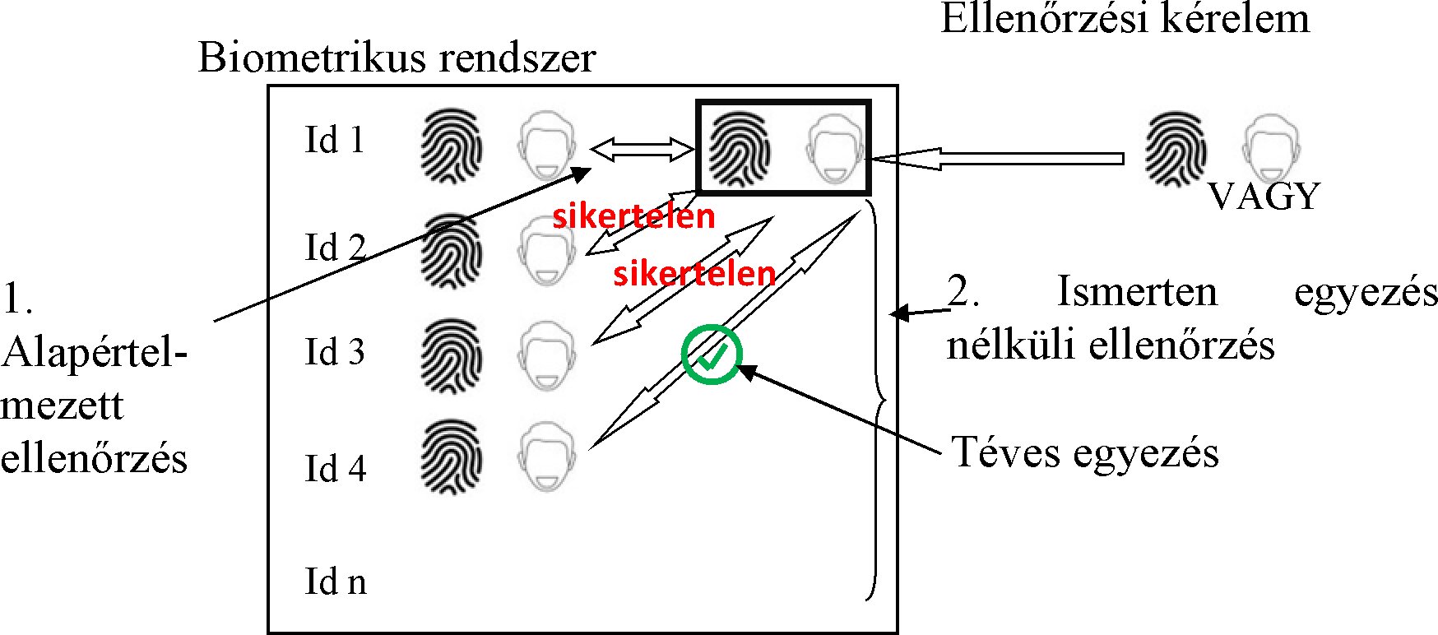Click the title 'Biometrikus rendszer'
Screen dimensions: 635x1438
[397, 58]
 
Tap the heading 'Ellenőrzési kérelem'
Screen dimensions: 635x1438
[1125, 19]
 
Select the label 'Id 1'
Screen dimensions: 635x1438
[334, 141]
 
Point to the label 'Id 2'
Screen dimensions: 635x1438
[335, 248]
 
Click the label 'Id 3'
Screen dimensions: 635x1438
[334, 352]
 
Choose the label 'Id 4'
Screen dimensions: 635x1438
[335, 469]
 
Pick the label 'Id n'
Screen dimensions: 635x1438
[335, 582]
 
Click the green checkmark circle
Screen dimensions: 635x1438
[712, 355]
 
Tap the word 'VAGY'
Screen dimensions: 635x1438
[1264, 197]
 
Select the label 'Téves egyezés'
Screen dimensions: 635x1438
[1084, 452]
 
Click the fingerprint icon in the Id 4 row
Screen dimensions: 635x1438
[451, 457]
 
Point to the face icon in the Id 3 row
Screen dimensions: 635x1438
[546, 355]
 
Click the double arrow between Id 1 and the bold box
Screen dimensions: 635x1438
[642, 150]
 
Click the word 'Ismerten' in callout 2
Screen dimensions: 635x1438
[1135, 292]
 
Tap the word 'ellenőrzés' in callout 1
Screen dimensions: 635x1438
[94, 458]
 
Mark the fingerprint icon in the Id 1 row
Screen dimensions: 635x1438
[451, 148]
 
